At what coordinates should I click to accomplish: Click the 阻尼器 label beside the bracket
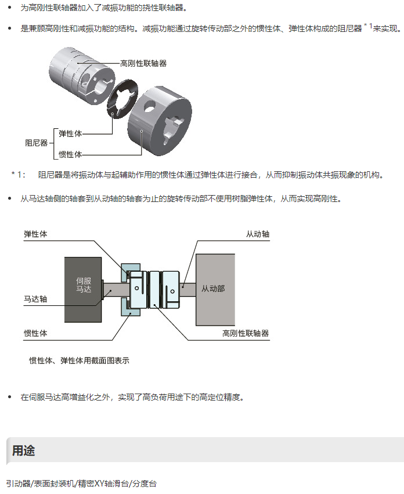[x=36, y=142]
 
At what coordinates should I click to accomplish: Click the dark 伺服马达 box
[x=84, y=289]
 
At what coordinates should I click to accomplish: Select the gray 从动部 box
[x=215, y=289]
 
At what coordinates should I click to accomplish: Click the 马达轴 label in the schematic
[x=35, y=299]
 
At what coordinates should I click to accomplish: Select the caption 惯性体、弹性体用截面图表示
[x=79, y=360]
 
